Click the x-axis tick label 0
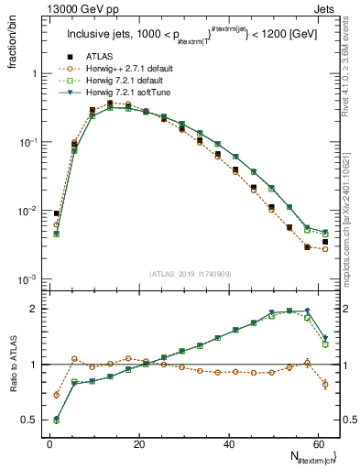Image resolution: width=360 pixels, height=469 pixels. click(49, 443)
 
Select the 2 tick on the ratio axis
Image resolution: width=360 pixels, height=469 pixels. click(33, 309)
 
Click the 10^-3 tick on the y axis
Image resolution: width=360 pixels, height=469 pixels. click(26, 279)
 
